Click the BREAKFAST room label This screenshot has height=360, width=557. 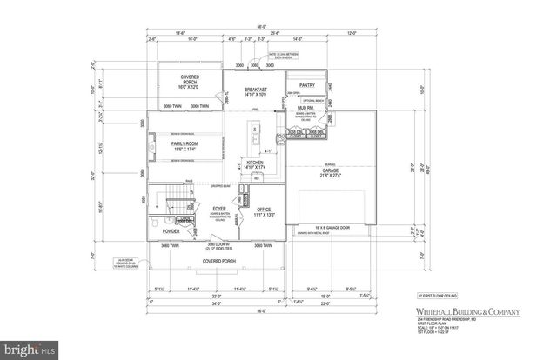(x=255, y=90)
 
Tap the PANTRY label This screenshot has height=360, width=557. (x=307, y=85)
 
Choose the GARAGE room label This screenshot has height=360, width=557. (x=330, y=172)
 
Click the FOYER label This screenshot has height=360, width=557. (x=220, y=210)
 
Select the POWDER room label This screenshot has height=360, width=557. (x=171, y=231)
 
